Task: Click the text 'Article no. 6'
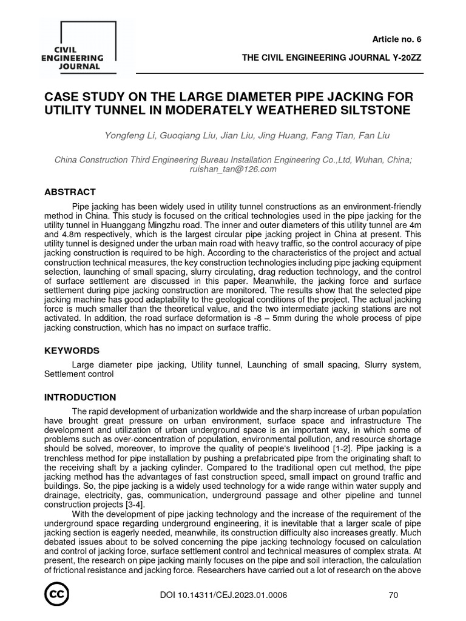[396, 39]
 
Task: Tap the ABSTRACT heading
[70, 192]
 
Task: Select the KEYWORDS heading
[72, 351]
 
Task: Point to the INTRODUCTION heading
[80, 397]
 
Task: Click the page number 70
[393, 595]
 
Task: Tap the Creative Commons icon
[56, 595]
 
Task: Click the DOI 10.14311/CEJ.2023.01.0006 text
[222, 595]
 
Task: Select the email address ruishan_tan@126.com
[233, 169]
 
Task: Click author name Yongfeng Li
[130, 135]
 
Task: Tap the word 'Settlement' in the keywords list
[66, 374]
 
